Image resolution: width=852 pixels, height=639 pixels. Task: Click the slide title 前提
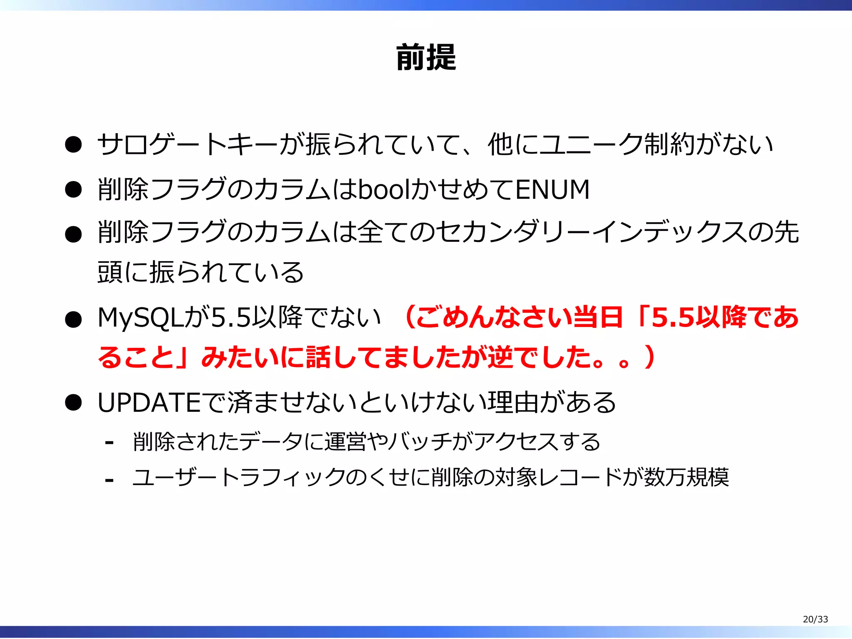(426, 57)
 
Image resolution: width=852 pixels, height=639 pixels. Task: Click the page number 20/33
(815, 619)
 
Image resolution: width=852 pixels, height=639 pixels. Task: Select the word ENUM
(552, 189)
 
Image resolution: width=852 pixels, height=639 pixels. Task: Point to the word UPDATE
(149, 402)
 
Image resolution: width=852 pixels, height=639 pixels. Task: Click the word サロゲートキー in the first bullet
(187, 144)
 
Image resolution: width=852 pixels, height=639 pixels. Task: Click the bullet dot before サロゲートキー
(73, 145)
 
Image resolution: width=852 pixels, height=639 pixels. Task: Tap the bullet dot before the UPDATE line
(73, 403)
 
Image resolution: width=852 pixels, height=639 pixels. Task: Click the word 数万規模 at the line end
(686, 477)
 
